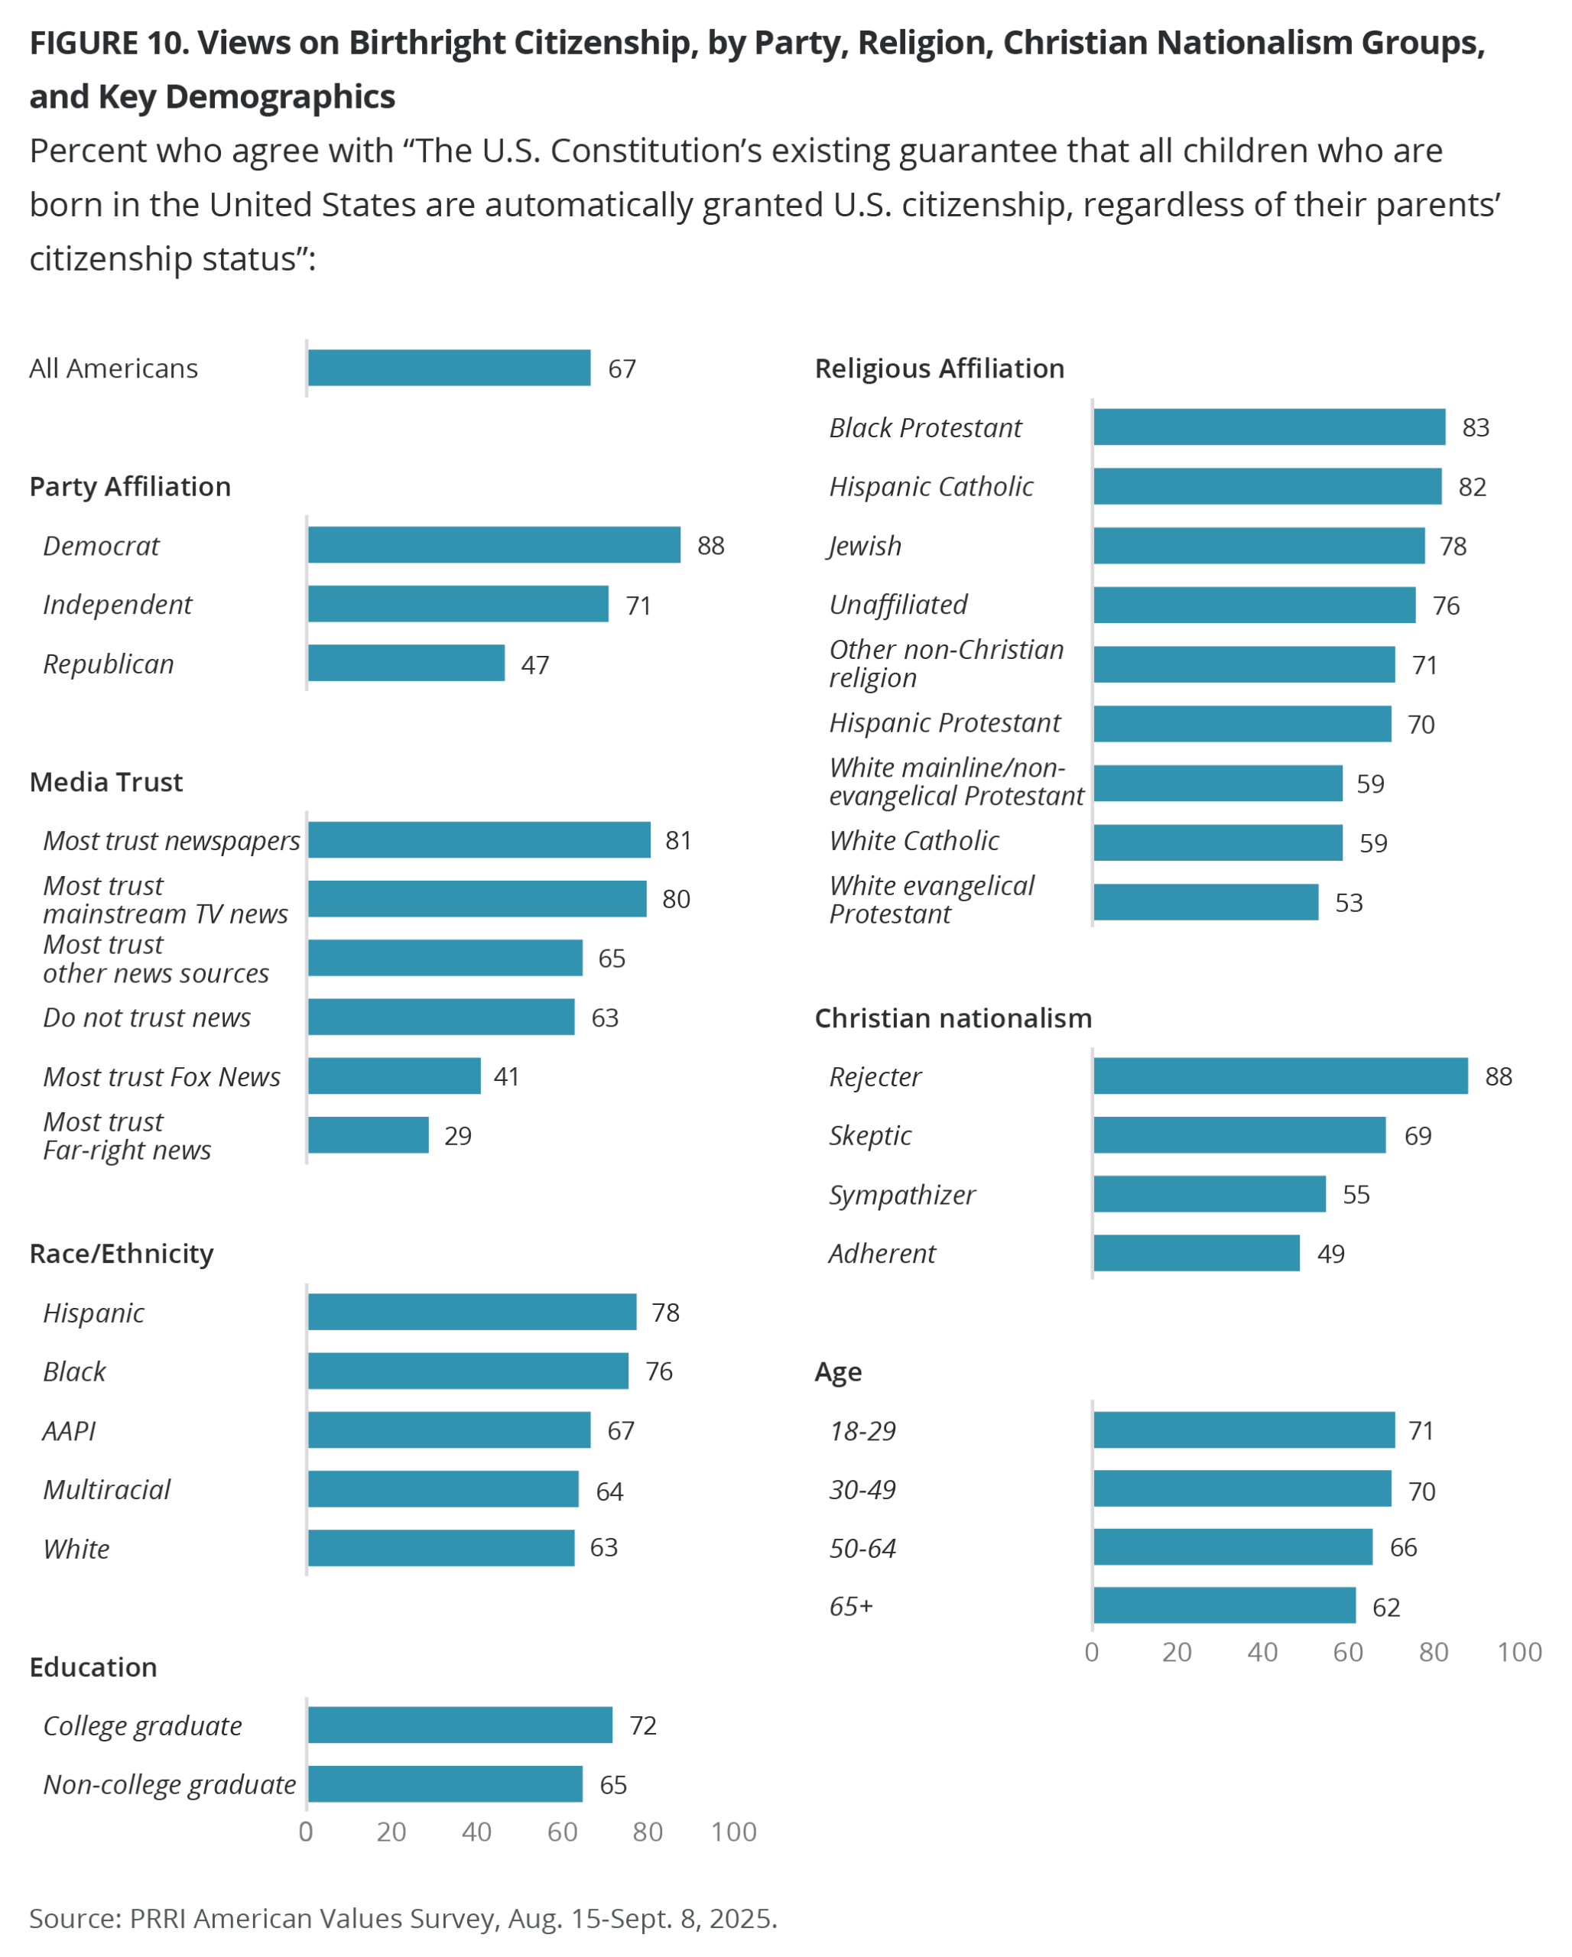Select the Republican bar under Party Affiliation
click(x=406, y=663)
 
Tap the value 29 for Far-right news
click(x=457, y=1135)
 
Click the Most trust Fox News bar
click(x=394, y=1076)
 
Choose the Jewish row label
click(x=865, y=546)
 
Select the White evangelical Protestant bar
click(x=1205, y=901)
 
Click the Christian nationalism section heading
click(x=952, y=1017)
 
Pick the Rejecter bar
click(x=1280, y=1076)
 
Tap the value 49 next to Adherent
click(x=1330, y=1254)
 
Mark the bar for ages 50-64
click(x=1232, y=1546)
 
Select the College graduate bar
click(x=460, y=1725)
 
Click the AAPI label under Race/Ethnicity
click(x=69, y=1430)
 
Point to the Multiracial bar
click(x=443, y=1488)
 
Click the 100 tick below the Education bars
click(x=733, y=1832)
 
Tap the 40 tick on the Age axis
click(x=1262, y=1652)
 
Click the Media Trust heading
click(x=106, y=781)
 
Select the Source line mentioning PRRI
click(x=403, y=1918)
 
